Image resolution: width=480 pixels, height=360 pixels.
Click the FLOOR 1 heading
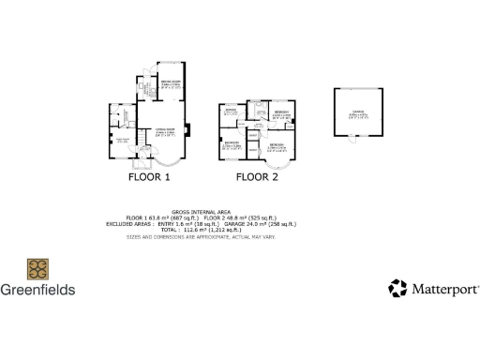[x=149, y=176]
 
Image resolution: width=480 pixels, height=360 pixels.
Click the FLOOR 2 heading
[x=257, y=176]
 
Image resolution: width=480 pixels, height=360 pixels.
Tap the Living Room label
[x=165, y=132]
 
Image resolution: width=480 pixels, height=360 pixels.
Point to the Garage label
[x=358, y=114]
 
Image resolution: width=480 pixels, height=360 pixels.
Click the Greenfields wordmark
[x=37, y=290]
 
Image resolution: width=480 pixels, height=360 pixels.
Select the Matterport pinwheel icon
[x=398, y=288]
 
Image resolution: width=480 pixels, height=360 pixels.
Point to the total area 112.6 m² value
[x=207, y=231]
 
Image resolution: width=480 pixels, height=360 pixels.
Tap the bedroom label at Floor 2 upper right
[x=281, y=113]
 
